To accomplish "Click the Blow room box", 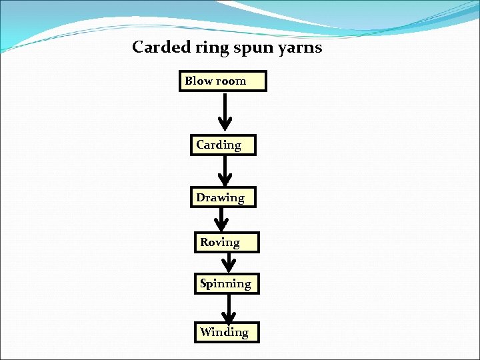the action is click(x=223, y=81).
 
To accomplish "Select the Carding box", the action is click(x=223, y=145).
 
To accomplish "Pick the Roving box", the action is click(x=226, y=242).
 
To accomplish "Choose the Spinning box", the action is click(x=226, y=284).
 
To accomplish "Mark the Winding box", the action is click(x=226, y=332).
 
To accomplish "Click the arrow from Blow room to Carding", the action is click(x=225, y=110).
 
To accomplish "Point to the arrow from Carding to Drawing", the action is click(x=225, y=169).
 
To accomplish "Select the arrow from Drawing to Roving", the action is click(x=221, y=219).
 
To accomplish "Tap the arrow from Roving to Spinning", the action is click(x=229, y=262).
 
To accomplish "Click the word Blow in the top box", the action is click(x=198, y=81).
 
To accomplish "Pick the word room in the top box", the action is click(x=231, y=81).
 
